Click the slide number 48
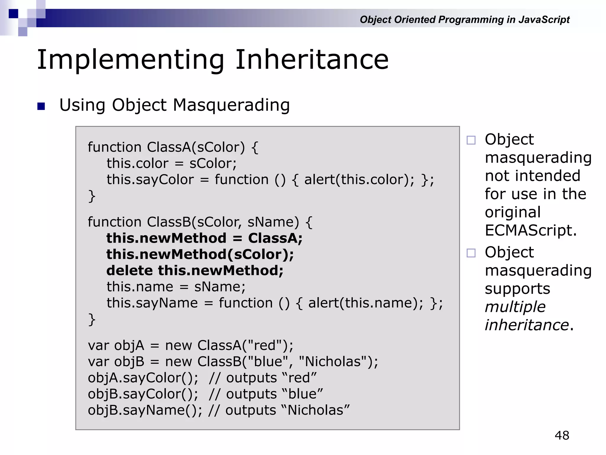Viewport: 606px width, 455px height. tap(562, 435)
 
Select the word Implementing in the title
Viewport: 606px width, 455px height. tap(130, 60)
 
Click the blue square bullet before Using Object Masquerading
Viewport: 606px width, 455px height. tap(41, 106)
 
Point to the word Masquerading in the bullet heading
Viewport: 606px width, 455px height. tap(231, 105)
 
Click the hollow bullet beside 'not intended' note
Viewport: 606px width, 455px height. tap(471, 140)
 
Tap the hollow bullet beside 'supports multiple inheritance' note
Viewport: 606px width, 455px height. tap(471, 253)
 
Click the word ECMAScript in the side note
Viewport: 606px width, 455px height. tap(531, 230)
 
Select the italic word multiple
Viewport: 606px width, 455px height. tap(515, 307)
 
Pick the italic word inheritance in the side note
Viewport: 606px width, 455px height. tap(527, 325)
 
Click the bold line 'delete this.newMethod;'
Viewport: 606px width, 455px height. tap(195, 270)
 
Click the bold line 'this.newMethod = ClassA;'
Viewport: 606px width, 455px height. tap(204, 238)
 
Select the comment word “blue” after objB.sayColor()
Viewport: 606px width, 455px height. tap(302, 394)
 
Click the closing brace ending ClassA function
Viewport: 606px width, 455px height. tap(92, 196)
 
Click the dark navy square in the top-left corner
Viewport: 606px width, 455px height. tap(13, 14)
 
